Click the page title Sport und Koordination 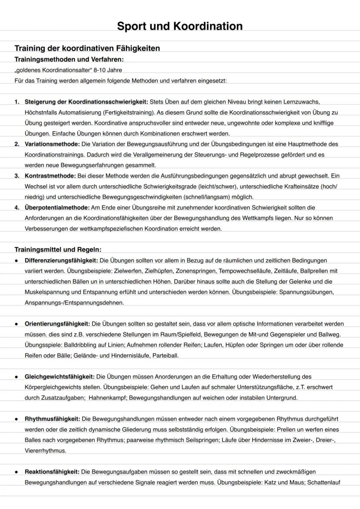(180, 26)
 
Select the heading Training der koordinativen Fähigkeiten (87, 48)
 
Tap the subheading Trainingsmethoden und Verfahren (72, 59)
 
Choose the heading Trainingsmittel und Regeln (58, 250)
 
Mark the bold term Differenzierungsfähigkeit (61, 260)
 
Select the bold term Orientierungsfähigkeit (57, 324)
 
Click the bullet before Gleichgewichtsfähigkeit (16, 376)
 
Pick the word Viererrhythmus (46, 450)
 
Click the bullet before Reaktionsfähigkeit (16, 472)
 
